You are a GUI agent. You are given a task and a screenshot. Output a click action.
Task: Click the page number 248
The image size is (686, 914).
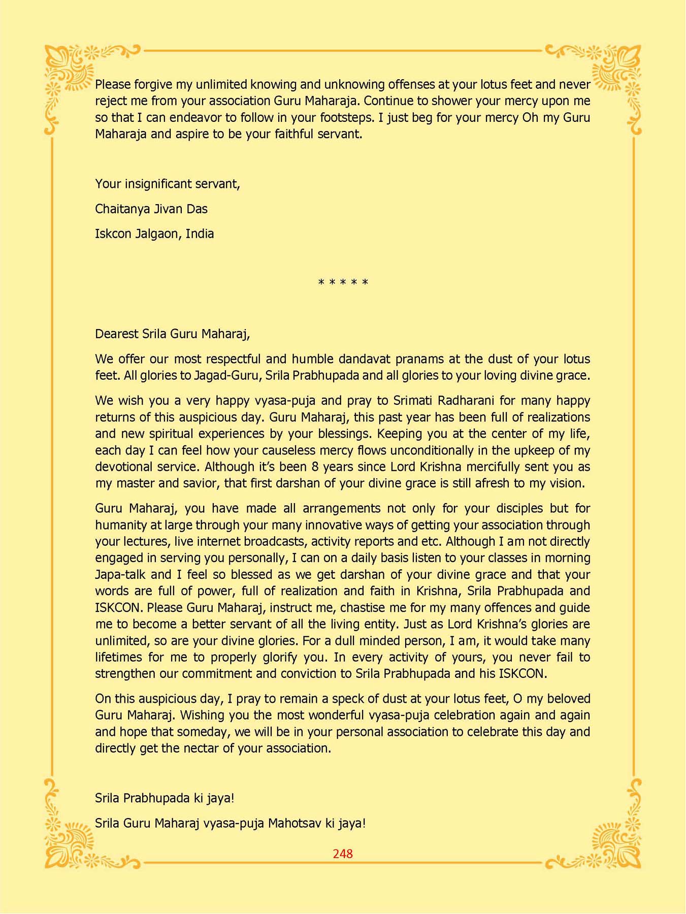point(343,854)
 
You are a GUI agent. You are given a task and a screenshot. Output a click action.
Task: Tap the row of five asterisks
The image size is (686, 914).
point(343,282)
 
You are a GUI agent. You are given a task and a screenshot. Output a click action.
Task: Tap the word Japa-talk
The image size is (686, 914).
point(120,574)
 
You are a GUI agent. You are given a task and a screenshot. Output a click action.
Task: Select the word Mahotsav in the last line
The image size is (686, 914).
point(295,823)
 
